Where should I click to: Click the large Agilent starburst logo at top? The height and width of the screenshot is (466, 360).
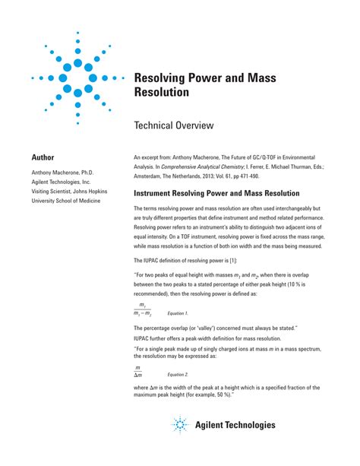[x=77, y=78]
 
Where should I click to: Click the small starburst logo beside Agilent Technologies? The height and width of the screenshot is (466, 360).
[x=180, y=425]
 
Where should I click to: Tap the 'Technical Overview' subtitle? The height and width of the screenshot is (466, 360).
[x=173, y=125]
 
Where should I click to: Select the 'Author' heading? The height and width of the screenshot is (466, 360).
[x=43, y=157]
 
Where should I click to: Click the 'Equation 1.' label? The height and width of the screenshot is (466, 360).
[x=178, y=313]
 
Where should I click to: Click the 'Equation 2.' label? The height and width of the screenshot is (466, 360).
[x=178, y=374]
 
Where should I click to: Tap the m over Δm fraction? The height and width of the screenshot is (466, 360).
[x=138, y=371]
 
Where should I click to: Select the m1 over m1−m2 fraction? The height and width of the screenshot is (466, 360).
[x=143, y=309]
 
